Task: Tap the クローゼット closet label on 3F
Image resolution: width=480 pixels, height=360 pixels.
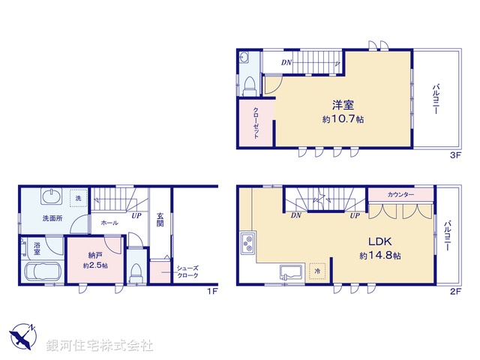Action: [x=256, y=124]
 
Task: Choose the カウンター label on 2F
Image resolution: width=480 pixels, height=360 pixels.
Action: [x=400, y=195]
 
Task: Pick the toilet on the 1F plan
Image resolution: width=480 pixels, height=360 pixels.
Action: [x=135, y=271]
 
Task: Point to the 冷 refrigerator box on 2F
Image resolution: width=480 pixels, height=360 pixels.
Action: [x=317, y=271]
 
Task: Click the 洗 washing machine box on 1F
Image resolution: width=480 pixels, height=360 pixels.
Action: [x=76, y=199]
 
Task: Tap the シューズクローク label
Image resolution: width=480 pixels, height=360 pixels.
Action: [x=187, y=271]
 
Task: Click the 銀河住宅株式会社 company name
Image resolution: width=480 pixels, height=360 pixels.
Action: [x=100, y=346]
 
